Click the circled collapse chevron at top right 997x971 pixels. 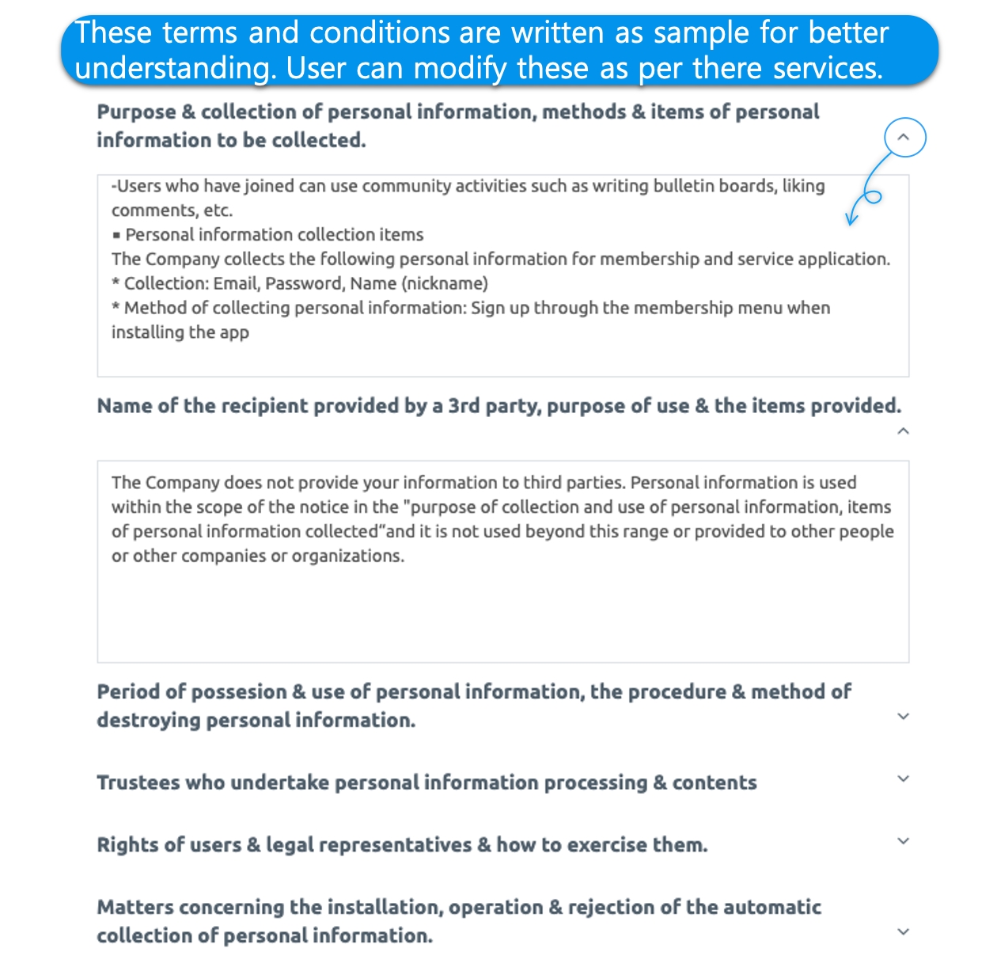(x=904, y=138)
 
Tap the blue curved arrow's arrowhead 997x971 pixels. (x=851, y=219)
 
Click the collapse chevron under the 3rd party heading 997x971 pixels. (x=904, y=431)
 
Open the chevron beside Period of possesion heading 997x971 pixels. (x=904, y=716)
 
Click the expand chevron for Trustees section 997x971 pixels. (x=904, y=779)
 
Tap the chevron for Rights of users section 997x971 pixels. (x=904, y=841)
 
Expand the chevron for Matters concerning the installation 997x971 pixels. (x=904, y=931)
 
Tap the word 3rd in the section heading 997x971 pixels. (x=464, y=406)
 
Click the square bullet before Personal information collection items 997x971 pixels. (x=116, y=235)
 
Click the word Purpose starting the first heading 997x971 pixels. (x=135, y=112)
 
